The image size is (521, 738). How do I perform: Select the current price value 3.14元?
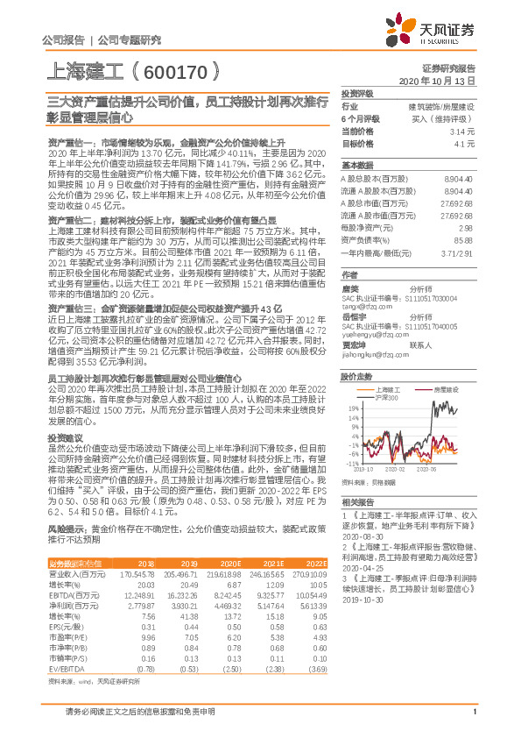pyautogui.click(x=464, y=130)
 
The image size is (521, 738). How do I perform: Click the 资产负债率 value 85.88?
pyautogui.click(x=464, y=239)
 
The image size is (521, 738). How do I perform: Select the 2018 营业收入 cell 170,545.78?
pyautogui.click(x=136, y=573)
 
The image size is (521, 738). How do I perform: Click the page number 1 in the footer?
pyautogui.click(x=473, y=720)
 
